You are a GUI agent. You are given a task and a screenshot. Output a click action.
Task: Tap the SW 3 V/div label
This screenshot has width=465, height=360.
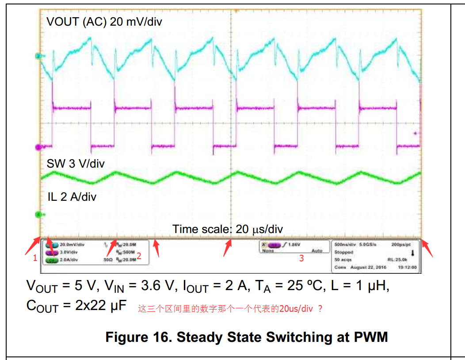(76, 164)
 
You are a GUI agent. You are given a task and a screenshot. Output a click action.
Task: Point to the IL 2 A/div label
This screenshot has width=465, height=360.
(72, 197)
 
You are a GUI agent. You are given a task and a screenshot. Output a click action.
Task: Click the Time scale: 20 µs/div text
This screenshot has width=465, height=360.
(227, 229)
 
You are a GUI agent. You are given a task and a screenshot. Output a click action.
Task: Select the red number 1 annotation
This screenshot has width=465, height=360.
(35, 258)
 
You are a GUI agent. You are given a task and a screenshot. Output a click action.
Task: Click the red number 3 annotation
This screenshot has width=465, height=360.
(301, 258)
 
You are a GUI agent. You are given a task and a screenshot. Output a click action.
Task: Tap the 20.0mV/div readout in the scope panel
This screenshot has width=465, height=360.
(72, 244)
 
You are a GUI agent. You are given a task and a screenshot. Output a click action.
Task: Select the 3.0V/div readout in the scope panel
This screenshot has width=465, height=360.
(69, 252)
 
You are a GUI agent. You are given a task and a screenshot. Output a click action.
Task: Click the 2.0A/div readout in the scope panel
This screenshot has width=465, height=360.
(69, 260)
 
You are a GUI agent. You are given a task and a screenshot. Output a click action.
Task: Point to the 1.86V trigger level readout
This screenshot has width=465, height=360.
(294, 244)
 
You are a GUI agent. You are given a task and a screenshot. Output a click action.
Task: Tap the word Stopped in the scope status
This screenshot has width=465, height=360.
(344, 252)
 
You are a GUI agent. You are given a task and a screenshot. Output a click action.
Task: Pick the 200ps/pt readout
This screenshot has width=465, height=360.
(401, 244)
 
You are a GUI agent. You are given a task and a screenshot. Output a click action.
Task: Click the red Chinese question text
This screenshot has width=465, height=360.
(230, 309)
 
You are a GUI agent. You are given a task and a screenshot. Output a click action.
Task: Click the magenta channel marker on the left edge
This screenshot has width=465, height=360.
(38, 147)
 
